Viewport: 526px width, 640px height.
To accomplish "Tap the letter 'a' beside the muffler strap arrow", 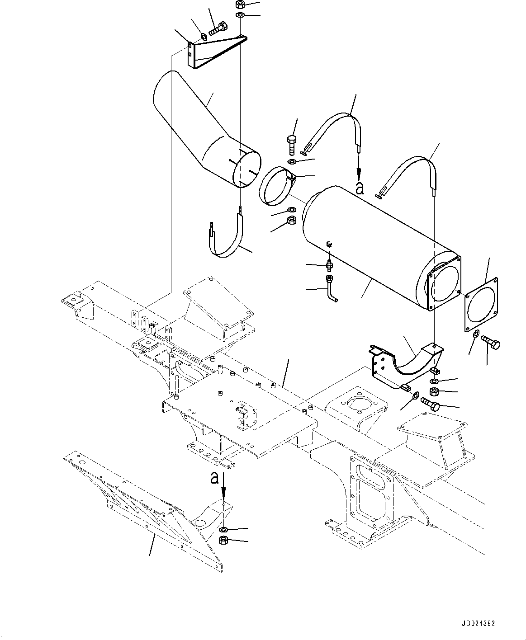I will (x=360, y=188).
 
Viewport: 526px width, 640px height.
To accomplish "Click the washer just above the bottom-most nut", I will (x=223, y=529).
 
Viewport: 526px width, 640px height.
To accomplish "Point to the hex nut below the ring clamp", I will (x=291, y=221).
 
